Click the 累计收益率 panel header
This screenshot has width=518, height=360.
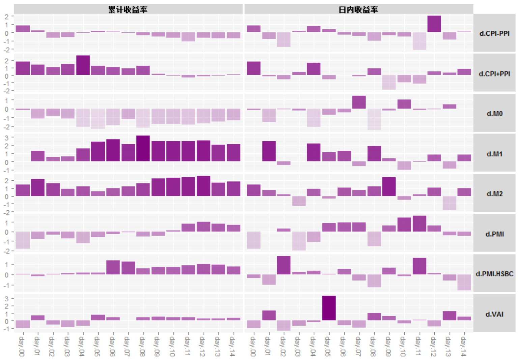128,9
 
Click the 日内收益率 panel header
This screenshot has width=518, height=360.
358,9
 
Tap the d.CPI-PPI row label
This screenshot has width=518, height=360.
494,33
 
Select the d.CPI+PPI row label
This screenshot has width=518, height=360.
494,73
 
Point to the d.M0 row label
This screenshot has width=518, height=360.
494,114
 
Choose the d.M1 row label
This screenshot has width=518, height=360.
494,154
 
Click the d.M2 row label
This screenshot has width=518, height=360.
494,193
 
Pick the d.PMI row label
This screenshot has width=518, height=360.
494,234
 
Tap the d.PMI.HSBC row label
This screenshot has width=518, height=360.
494,274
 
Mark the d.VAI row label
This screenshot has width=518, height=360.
494,314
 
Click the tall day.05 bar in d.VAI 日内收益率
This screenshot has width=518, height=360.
329,308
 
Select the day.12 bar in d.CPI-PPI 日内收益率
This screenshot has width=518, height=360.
434,24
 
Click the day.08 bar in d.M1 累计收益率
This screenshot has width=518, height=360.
143,149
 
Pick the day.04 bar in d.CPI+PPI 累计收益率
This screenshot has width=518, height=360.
83,65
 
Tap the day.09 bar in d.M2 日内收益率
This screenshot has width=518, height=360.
389,187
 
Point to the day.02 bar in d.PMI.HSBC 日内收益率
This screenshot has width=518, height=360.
284,265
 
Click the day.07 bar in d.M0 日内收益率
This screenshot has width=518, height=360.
359,102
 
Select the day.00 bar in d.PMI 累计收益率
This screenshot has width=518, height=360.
23,240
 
